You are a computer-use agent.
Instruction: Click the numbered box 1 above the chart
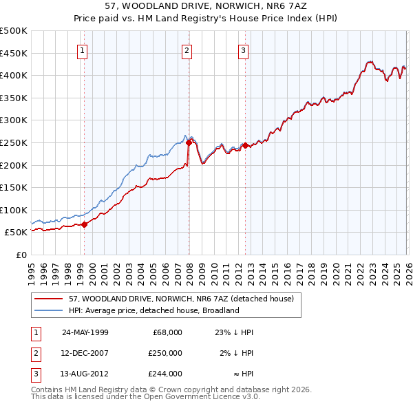pos(82,50)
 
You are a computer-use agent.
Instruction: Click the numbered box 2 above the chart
pos(187,50)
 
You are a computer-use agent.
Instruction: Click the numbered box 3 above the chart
pos(243,50)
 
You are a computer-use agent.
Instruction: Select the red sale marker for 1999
pos(85,224)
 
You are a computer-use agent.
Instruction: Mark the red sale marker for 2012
pos(245,145)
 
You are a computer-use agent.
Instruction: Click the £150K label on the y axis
pos(14,187)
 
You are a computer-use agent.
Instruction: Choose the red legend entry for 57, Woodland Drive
pos(182,299)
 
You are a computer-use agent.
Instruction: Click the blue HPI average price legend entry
pos(153,310)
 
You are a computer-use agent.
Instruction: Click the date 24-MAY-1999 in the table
pos(85,332)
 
